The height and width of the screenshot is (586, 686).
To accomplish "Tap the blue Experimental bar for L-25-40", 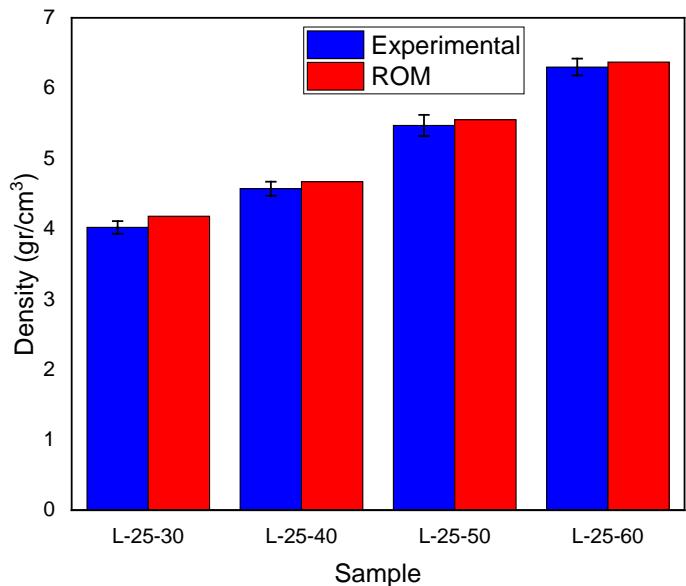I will pyautogui.click(x=270, y=349).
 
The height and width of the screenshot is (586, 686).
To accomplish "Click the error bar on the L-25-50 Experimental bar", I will pyautogui.click(x=424, y=125).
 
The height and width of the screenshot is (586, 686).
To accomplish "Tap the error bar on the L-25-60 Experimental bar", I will pyautogui.click(x=577, y=67).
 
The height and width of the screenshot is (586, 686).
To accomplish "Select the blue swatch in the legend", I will pyautogui.click(x=335, y=46).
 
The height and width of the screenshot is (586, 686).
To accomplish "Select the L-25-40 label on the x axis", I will pyautogui.click(x=301, y=537).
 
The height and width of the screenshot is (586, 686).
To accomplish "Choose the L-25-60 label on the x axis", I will pyautogui.click(x=607, y=537).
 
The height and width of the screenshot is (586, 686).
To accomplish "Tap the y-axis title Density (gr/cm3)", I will pyautogui.click(x=23, y=265).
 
